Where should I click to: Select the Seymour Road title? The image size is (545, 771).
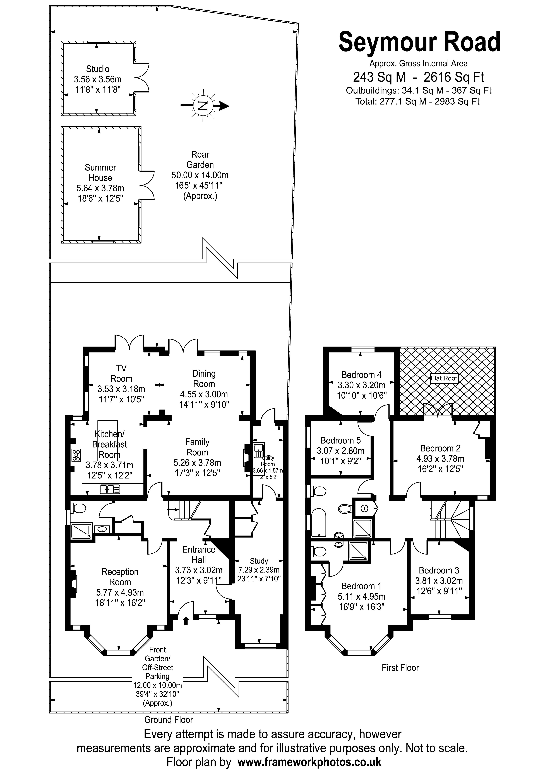click(x=419, y=42)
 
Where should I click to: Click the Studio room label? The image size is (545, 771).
click(x=98, y=69)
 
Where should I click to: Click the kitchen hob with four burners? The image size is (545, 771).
click(x=76, y=455)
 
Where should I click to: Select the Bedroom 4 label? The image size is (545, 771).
click(x=361, y=375)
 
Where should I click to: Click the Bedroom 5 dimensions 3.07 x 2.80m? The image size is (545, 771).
click(x=340, y=451)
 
